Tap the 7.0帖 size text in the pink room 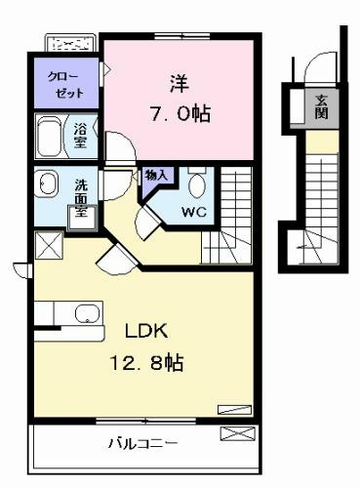(177, 115)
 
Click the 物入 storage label (157, 175)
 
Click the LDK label (146, 332)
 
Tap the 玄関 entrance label (321, 103)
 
